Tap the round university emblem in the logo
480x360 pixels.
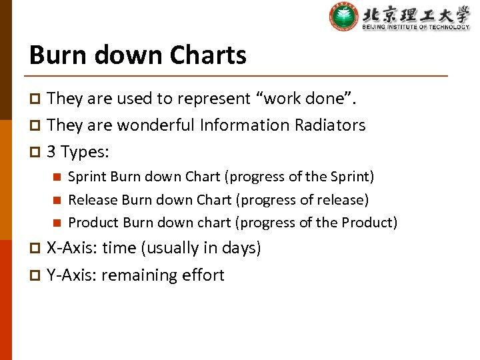343,17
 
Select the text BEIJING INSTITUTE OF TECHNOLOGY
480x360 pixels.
415,27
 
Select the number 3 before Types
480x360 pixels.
51,152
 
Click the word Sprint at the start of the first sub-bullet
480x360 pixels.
87,177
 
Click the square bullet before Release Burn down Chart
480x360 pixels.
57,200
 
